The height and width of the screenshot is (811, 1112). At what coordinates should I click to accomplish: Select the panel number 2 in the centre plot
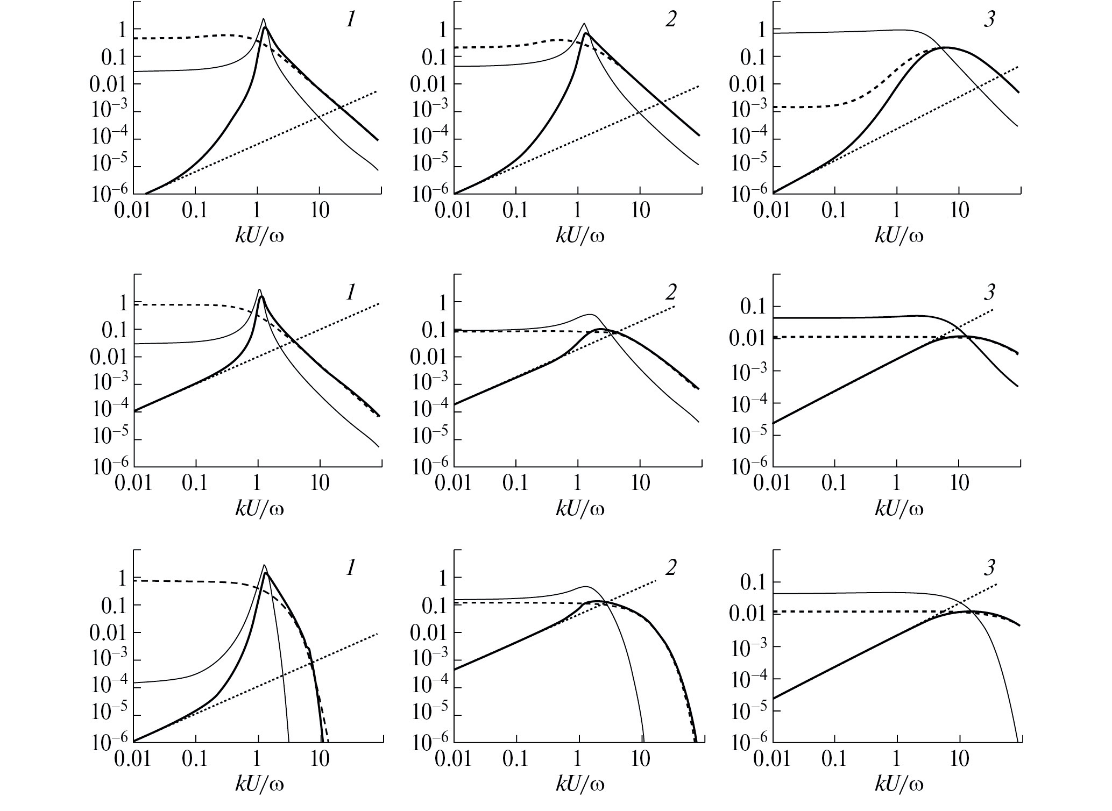pos(670,293)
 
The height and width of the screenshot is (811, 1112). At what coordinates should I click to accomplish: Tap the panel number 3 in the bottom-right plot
pos(990,567)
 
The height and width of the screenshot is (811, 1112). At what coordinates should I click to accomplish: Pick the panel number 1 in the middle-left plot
pos(350,293)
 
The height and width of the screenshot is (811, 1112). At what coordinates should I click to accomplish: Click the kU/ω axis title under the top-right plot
pos(899,234)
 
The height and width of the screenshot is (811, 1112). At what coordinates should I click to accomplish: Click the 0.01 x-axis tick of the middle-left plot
pos(133,482)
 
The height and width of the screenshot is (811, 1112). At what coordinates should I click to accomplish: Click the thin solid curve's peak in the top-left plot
pos(263,19)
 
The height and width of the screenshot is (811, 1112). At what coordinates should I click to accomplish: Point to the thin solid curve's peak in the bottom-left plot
pos(264,565)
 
